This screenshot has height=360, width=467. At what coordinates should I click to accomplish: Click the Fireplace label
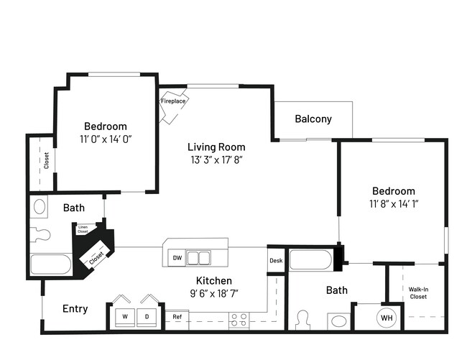click(x=173, y=101)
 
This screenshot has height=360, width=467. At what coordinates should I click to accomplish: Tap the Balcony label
click(x=313, y=119)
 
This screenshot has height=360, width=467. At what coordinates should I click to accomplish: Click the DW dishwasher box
click(x=177, y=258)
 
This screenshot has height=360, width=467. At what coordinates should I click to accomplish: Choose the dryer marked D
click(x=147, y=315)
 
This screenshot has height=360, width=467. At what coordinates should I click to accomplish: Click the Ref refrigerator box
click(x=177, y=316)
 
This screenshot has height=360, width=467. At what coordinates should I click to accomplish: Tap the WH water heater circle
click(x=387, y=317)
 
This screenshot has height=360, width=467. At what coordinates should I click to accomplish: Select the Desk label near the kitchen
click(x=275, y=260)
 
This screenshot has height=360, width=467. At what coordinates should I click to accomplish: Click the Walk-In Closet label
click(x=418, y=292)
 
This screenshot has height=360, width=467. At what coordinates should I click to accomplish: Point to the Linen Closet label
click(x=83, y=229)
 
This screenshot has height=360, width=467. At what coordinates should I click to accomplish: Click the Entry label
click(x=75, y=309)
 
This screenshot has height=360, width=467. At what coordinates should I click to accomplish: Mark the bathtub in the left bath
click(x=50, y=264)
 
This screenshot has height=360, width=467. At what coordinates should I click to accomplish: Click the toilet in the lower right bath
click(x=302, y=319)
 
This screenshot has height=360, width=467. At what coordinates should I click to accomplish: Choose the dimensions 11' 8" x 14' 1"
click(x=393, y=203)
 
